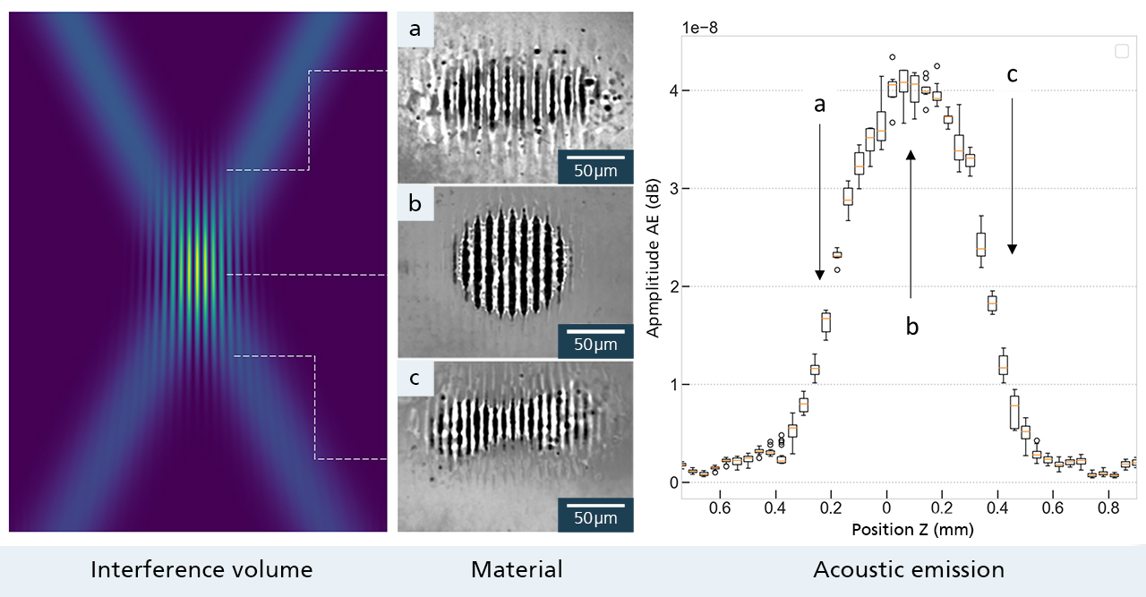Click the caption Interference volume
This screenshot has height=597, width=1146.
[x=201, y=569]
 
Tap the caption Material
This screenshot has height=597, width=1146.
[x=517, y=569]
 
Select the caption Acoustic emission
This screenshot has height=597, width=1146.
[x=909, y=569]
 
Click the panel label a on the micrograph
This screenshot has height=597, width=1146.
[x=415, y=30]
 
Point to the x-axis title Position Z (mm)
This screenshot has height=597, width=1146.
[x=911, y=529]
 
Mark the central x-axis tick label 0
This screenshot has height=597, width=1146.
[x=886, y=507]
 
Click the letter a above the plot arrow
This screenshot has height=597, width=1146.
[x=818, y=104]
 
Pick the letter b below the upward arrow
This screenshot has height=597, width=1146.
[x=911, y=327]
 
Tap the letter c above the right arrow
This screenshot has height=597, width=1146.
[x=1013, y=75]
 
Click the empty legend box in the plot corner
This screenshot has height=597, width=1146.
[x=1122, y=52]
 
